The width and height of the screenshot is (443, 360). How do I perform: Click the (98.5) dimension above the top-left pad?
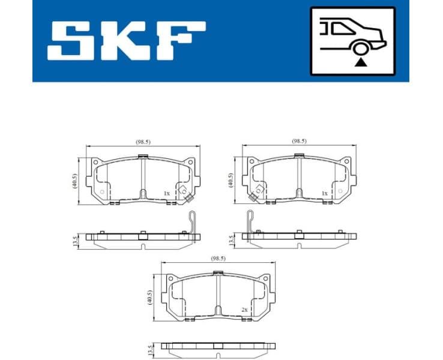coord(143,142)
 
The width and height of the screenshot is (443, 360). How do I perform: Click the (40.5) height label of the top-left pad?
coord(74,181)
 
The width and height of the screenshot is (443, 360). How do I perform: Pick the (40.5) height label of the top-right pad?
coord(231,180)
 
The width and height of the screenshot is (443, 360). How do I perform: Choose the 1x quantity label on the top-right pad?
coord(324,193)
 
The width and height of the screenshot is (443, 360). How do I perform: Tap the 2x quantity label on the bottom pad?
coord(244,310)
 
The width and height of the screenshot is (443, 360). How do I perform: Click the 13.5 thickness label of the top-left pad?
coord(75,241)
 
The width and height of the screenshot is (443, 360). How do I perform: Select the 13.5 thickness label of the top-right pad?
coord(232,241)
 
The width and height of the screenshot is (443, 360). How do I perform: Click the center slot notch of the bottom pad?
coord(217,312)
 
